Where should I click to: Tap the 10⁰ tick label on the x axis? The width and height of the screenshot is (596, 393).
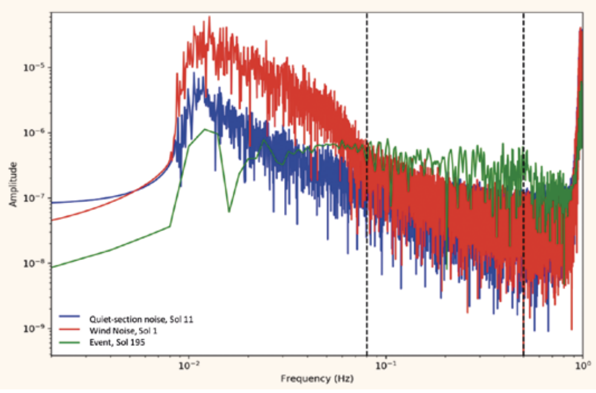582,365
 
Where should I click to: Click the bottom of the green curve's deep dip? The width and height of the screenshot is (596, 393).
229,212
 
